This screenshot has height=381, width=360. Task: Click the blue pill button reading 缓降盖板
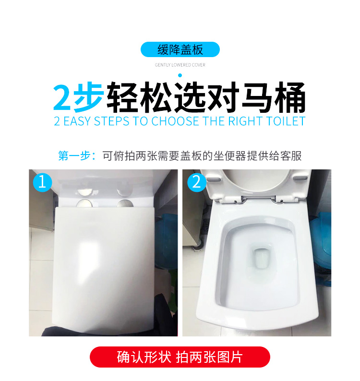(x=180, y=49)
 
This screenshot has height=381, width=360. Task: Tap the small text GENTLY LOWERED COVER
(x=180, y=65)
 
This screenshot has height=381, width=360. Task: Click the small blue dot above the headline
(x=180, y=75)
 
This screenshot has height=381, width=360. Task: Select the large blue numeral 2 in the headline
(x=62, y=97)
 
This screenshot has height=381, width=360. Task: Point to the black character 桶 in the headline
(x=290, y=97)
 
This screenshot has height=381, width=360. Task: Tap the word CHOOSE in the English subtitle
(x=175, y=121)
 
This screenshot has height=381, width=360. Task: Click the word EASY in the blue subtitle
(x=77, y=121)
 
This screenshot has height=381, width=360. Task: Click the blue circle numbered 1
(x=42, y=182)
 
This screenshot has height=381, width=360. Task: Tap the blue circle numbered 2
(x=197, y=182)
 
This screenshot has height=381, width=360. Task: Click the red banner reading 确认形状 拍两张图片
(x=180, y=357)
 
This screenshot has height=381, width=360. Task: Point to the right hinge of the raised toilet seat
(x=279, y=201)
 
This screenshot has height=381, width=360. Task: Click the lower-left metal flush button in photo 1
(x=84, y=203)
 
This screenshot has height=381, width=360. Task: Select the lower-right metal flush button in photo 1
(x=125, y=203)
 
